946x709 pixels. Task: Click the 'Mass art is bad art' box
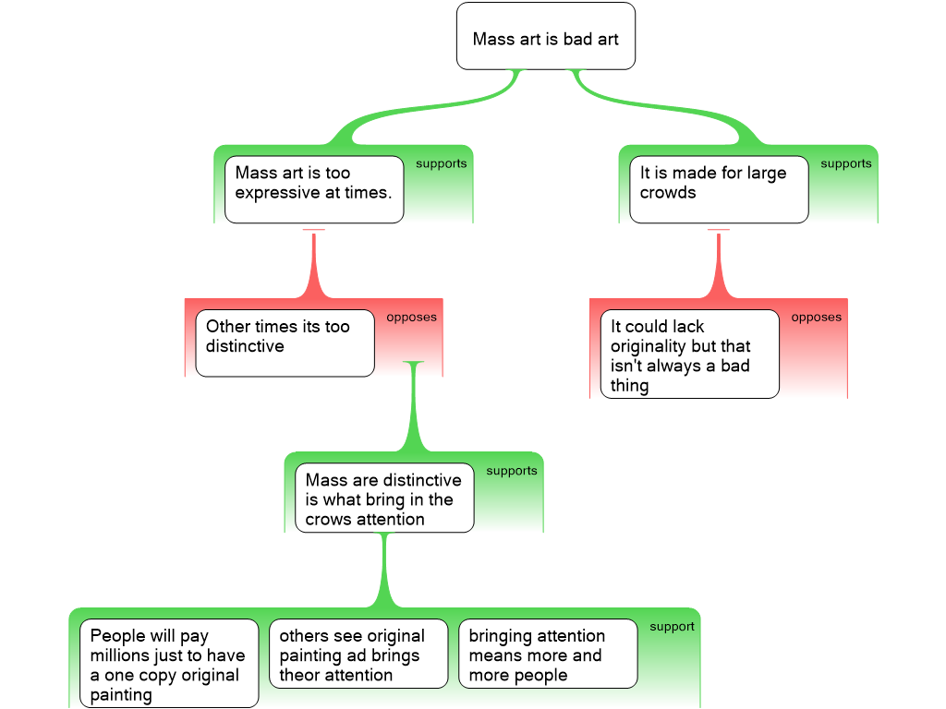click(x=545, y=36)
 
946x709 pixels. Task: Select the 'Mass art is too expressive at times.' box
click(x=314, y=189)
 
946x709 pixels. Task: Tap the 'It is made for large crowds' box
click(x=719, y=189)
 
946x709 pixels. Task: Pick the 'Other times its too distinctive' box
click(x=285, y=343)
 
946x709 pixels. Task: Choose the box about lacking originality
click(x=689, y=354)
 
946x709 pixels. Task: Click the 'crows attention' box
click(x=384, y=498)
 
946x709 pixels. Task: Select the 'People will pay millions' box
click(x=169, y=663)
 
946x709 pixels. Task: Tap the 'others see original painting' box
click(x=358, y=654)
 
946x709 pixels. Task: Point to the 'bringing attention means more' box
click(x=548, y=654)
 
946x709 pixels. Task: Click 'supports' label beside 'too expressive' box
click(x=441, y=163)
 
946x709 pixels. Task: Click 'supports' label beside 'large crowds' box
click(x=846, y=163)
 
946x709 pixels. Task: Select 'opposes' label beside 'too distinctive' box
click(x=411, y=318)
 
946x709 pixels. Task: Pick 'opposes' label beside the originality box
click(x=817, y=318)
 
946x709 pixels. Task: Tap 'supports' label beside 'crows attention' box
click(x=512, y=470)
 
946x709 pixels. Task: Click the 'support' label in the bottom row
click(x=673, y=627)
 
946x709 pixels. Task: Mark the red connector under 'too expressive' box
click(x=314, y=264)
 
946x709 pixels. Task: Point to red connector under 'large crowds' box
click(x=719, y=264)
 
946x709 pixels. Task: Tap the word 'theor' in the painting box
click(x=299, y=675)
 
